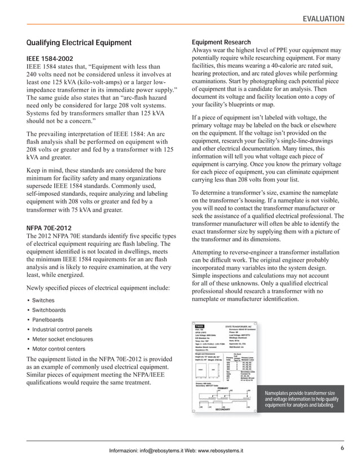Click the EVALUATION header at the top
point(324,19)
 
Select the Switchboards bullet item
point(49,310)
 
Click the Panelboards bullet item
point(47,320)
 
